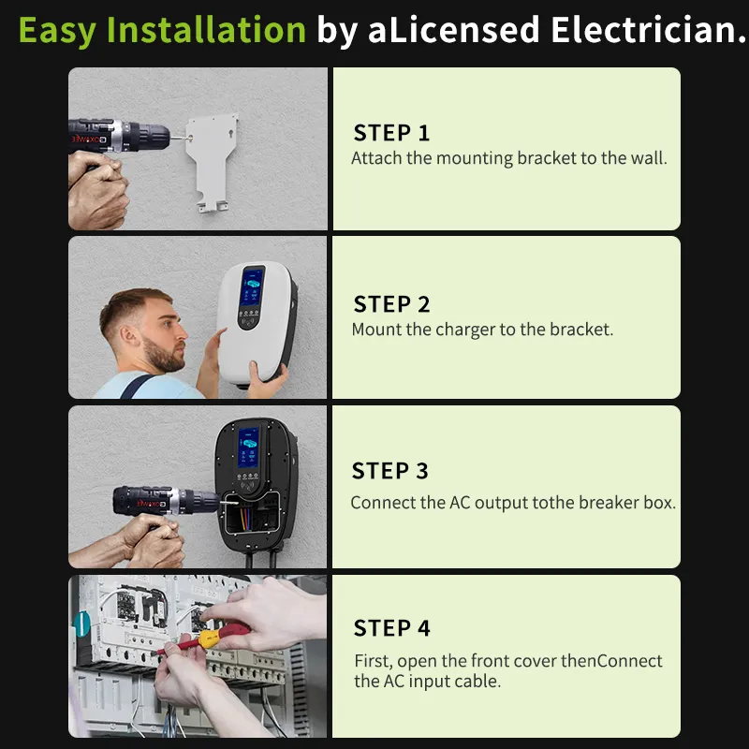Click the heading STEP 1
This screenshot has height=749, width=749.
pos(391,133)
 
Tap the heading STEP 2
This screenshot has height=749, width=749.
pos(391,304)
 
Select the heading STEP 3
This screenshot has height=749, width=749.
pos(389,471)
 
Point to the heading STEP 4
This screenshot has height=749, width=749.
pos(391,628)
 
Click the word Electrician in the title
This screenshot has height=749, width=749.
pos(648,30)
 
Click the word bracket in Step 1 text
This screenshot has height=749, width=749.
pos(547,158)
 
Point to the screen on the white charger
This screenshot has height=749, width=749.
pos(252,286)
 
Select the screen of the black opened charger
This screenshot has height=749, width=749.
pos(248,448)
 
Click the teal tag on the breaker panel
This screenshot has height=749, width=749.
pos(81,624)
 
